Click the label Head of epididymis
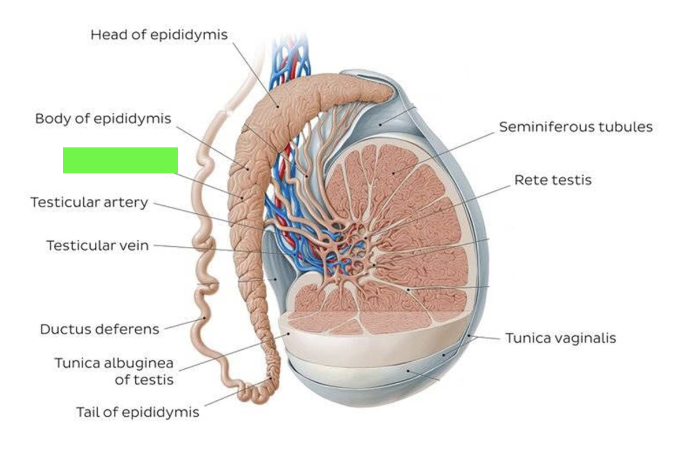(159, 35)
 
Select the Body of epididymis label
(103, 118)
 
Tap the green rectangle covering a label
(120, 161)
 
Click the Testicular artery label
(90, 203)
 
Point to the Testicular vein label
(98, 246)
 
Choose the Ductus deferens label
(99, 329)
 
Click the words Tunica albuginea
(114, 363)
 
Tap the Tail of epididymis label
(138, 412)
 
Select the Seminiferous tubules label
(576, 127)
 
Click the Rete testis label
(553, 180)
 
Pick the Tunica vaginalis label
(560, 338)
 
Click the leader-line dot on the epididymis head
(277, 106)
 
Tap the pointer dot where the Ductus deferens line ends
(204, 318)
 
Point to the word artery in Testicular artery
(126, 203)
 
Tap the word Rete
(529, 180)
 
